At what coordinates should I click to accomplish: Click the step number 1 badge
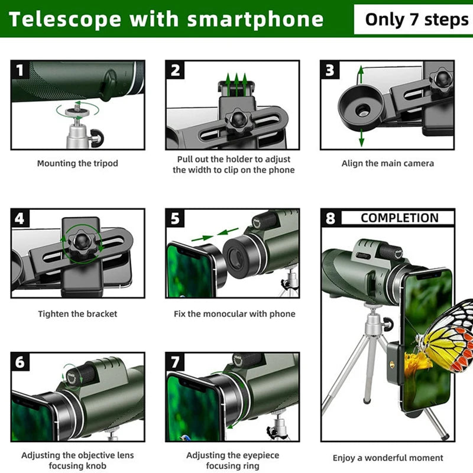pos(21,70)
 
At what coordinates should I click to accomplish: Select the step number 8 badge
pos(331,218)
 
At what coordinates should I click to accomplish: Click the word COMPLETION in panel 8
pos(399,218)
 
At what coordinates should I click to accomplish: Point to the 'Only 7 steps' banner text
pos(416,19)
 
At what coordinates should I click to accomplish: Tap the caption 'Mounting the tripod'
pos(77,163)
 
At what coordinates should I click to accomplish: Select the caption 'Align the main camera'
pos(387,163)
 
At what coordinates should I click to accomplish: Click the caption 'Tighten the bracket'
pos(77,314)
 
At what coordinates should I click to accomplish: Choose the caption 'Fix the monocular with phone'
pos(234,314)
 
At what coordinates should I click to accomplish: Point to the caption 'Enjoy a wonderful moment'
pos(387,458)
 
